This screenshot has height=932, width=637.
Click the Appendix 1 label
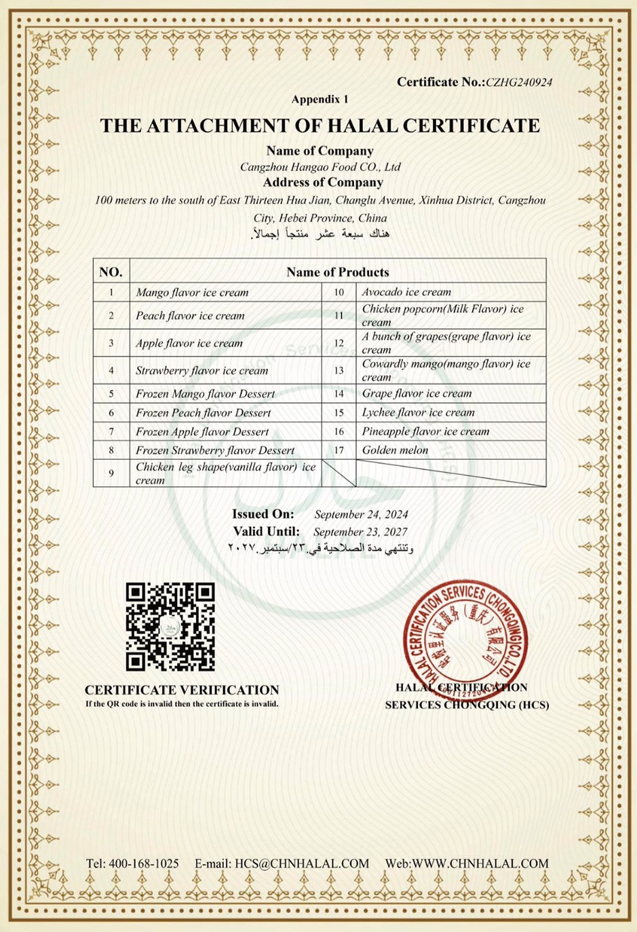pyautogui.click(x=320, y=99)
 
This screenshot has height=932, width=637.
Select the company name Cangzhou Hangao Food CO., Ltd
pyautogui.click(x=320, y=167)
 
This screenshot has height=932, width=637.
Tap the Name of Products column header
pyautogui.click(x=337, y=272)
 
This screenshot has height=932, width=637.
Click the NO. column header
pyautogui.click(x=111, y=272)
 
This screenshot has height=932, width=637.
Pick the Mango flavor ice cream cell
pyautogui.click(x=192, y=292)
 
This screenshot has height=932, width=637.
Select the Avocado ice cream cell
pyautogui.click(x=406, y=292)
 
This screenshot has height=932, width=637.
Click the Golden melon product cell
pyautogui.click(x=395, y=450)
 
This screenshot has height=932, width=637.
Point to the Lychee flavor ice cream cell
pyautogui.click(x=418, y=412)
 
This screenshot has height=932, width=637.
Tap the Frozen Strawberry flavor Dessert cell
pyautogui.click(x=215, y=450)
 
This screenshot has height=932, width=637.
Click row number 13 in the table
pyautogui.click(x=339, y=370)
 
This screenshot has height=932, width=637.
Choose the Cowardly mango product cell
pyautogui.click(x=446, y=370)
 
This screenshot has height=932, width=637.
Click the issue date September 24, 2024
pyautogui.click(x=361, y=515)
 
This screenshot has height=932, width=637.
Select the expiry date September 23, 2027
pyautogui.click(x=360, y=532)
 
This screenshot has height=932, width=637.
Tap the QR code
pyautogui.click(x=170, y=627)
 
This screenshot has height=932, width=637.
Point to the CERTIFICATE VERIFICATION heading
pyautogui.click(x=182, y=690)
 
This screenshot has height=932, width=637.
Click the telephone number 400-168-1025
pyautogui.click(x=143, y=863)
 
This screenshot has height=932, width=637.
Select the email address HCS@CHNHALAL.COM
pyautogui.click(x=302, y=863)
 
